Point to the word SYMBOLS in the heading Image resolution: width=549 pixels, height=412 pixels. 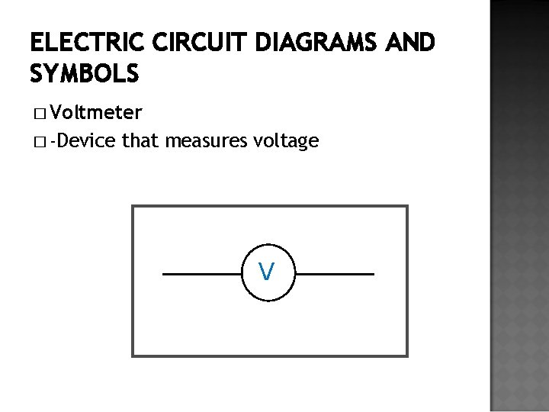(85, 73)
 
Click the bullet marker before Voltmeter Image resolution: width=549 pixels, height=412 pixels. (39, 115)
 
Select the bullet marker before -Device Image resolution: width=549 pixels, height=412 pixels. (39, 142)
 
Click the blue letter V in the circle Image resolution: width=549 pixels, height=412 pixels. (266, 271)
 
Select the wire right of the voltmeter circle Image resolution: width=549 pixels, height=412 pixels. (335, 273)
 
